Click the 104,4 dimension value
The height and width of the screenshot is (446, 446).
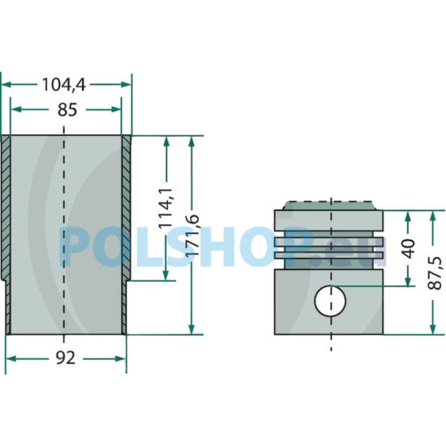tap(64, 85)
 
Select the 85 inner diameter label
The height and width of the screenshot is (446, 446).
tap(67, 110)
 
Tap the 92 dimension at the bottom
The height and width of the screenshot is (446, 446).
tap(65, 359)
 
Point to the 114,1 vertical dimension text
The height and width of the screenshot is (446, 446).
tap(166, 208)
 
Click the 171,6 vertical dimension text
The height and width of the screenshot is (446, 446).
tap(192, 235)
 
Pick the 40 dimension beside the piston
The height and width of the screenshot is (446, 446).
tap(409, 248)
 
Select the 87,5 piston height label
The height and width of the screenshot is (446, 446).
tap(435, 273)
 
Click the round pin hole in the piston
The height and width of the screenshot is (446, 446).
tap(330, 301)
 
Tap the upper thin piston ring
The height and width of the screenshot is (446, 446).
tap(329, 242)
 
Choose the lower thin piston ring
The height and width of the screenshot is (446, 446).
tap(329, 255)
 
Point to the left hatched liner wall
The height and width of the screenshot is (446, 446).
tap(5, 235)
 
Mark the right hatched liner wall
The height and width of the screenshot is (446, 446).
tap(126, 235)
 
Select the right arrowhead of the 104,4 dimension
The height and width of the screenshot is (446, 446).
tap(126, 85)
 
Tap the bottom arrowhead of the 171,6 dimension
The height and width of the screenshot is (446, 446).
tap(192, 329)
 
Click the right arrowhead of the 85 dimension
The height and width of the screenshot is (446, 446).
tap(117, 110)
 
